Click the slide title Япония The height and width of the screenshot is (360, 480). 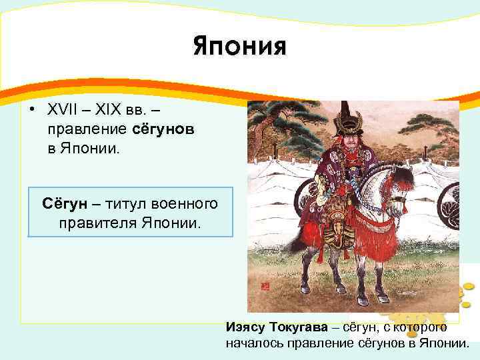point(239,47)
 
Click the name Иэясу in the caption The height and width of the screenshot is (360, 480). point(247,327)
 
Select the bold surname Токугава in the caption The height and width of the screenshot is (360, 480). point(300,327)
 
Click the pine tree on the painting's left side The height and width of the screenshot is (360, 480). point(270,127)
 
